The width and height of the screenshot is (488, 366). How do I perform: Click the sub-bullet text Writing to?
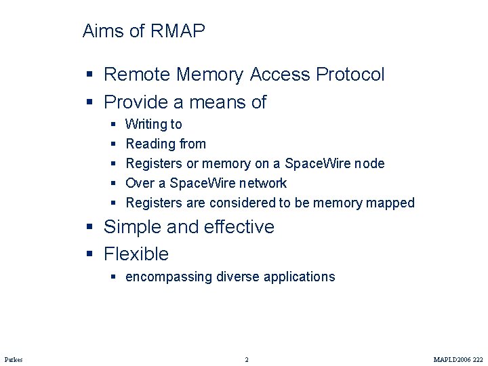click(154, 124)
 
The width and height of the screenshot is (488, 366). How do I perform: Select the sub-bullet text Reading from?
click(166, 144)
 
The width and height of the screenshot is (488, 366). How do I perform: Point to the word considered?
click(239, 203)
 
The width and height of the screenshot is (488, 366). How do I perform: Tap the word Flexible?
click(136, 254)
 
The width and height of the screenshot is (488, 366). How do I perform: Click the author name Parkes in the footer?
click(14, 359)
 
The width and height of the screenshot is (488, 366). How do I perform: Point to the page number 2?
click(247, 359)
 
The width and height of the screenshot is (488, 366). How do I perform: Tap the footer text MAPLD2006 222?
click(458, 359)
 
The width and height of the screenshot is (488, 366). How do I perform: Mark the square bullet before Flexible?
click(90, 254)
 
